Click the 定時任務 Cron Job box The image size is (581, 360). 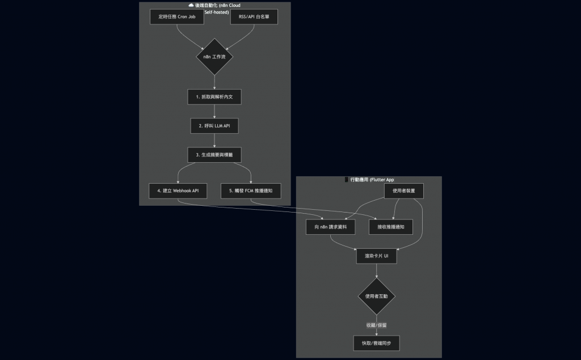click(176, 16)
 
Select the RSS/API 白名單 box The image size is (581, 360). click(254, 16)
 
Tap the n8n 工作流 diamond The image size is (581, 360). click(214, 57)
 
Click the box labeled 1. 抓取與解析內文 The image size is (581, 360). click(214, 97)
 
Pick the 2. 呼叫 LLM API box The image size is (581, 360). click(214, 125)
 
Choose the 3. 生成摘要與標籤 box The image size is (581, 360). click(214, 154)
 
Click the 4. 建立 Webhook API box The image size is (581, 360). click(178, 190)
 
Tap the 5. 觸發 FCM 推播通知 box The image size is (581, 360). click(251, 190)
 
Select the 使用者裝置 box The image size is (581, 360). click(403, 190)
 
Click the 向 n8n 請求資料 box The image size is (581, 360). click(331, 227)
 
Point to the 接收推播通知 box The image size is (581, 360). click(391, 227)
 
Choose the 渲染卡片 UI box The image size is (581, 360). click(377, 256)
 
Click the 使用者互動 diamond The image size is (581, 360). click(377, 296)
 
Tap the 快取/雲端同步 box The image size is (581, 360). click(377, 343)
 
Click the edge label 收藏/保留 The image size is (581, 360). click(377, 325)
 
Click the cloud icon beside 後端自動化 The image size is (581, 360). click(191, 5)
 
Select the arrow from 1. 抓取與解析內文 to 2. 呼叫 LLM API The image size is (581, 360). click(214, 111)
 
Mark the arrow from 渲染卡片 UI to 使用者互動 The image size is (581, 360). click(377, 271)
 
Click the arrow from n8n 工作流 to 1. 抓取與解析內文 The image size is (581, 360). click(214, 82)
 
